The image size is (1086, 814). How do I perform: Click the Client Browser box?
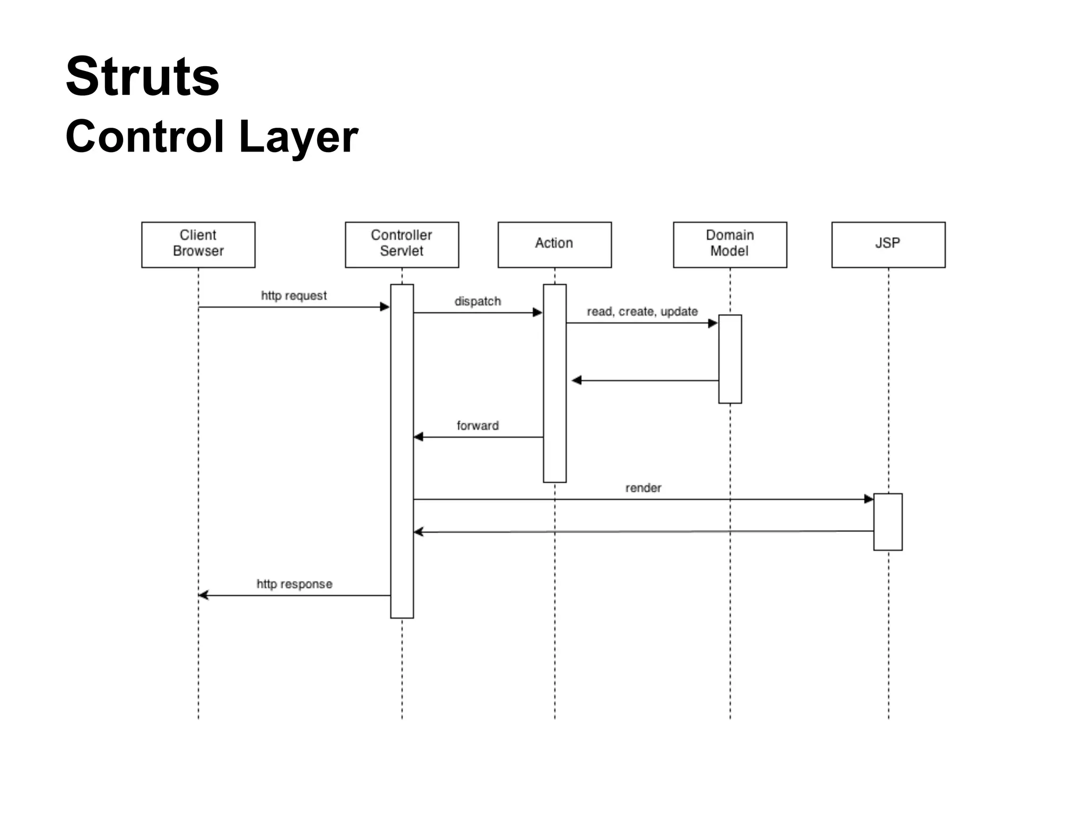(198, 244)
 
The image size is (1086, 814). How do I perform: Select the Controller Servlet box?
(401, 244)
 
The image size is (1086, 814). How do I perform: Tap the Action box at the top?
(554, 244)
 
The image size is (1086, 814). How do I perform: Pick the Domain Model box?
(730, 244)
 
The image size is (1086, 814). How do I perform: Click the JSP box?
(888, 244)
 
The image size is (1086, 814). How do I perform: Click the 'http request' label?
(294, 296)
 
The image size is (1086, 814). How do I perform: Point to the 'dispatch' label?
(477, 302)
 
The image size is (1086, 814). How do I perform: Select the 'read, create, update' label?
(642, 312)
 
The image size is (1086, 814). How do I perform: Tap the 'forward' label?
(477, 426)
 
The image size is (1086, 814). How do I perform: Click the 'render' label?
(643, 488)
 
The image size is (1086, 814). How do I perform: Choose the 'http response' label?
(294, 584)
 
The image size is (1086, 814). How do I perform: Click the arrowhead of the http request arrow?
(385, 307)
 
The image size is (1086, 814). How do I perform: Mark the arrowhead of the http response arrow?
(203, 595)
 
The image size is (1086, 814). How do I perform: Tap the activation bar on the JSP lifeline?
(888, 522)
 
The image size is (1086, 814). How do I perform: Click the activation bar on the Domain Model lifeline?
(730, 359)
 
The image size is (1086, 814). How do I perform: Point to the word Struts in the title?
(142, 77)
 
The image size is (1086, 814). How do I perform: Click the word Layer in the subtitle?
(299, 137)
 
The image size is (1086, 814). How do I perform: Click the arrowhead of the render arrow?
(869, 499)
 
